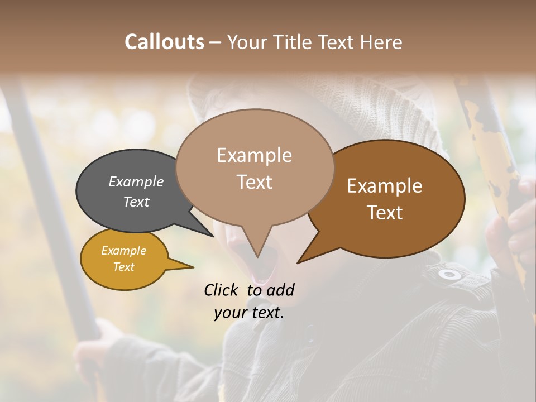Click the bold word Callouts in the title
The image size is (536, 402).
[x=164, y=42]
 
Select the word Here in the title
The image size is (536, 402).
[x=382, y=42]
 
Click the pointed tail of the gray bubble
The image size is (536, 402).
[x=213, y=236]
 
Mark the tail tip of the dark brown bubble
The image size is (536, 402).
[x=298, y=262]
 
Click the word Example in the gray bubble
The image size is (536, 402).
[x=136, y=181]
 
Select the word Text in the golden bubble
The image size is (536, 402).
[x=124, y=267]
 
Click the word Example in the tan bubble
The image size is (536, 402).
[x=254, y=155]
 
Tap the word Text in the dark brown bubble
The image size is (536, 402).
[x=385, y=213]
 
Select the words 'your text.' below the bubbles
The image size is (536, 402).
[x=249, y=313]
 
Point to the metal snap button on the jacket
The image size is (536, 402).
[x=449, y=274]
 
